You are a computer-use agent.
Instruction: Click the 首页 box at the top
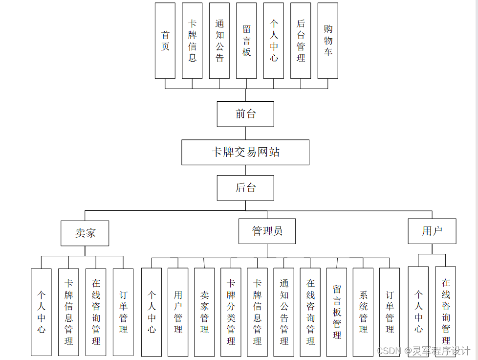point(165,41)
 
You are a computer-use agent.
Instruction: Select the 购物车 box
point(327,41)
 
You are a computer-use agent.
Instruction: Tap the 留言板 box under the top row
point(246,41)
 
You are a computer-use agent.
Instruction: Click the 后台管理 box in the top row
point(301,41)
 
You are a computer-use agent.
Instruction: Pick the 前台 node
point(245,114)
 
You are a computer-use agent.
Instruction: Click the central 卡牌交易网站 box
point(245,152)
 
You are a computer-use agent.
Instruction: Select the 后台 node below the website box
point(245,188)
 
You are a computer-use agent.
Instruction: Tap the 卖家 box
point(85,233)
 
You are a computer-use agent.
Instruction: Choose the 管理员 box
point(267,231)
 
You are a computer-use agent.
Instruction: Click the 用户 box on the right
point(432,231)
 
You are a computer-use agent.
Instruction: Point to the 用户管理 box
point(178,312)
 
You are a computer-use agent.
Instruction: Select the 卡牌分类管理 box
point(231,312)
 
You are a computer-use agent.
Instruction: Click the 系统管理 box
point(363,312)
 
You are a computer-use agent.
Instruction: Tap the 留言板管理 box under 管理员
point(337,312)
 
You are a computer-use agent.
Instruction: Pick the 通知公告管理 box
point(284,312)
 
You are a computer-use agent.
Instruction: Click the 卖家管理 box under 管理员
point(204,312)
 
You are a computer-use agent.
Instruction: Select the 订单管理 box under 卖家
point(123,312)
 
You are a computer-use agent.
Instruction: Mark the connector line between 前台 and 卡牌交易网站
point(245,133)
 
